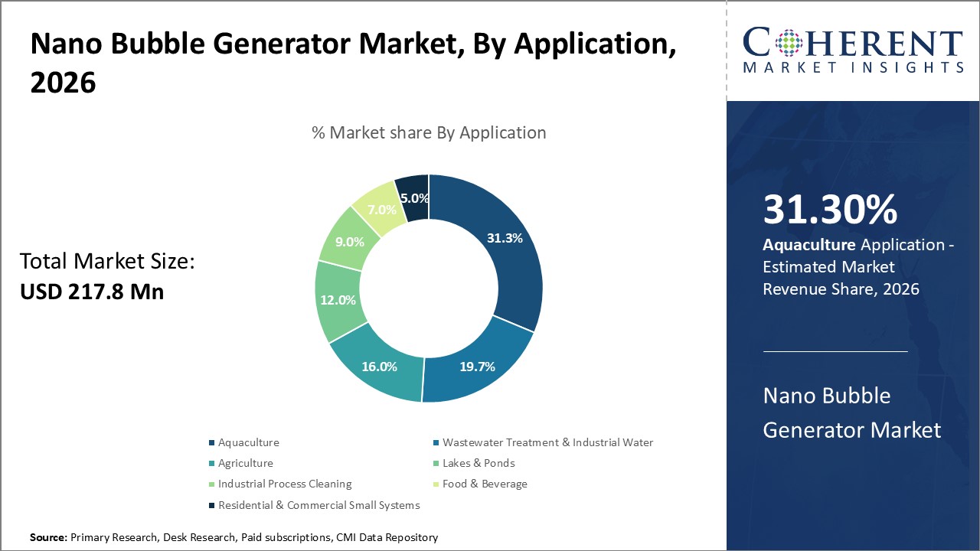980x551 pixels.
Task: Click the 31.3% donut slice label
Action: tap(505, 238)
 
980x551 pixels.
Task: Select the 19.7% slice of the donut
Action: tap(478, 367)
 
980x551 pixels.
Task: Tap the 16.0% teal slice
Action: tap(379, 367)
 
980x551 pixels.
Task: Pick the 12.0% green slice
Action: tap(338, 300)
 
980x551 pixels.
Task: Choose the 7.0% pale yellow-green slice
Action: tap(381, 209)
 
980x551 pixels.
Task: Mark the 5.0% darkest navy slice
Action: tap(413, 198)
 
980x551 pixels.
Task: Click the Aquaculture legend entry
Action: tap(248, 442)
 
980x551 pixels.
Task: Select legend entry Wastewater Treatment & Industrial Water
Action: tap(547, 442)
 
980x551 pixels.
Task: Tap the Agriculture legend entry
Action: tap(245, 463)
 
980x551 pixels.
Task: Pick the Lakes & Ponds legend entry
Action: tap(478, 463)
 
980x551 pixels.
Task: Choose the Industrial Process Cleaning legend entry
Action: tap(284, 484)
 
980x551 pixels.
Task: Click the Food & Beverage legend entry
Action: tap(485, 484)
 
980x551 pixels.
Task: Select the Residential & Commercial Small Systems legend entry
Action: tap(318, 505)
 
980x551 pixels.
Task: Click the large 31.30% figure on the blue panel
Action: tap(830, 210)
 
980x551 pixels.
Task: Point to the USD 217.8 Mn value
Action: tap(92, 292)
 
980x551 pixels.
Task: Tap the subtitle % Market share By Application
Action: tap(429, 132)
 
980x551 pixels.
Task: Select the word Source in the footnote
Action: tap(48, 537)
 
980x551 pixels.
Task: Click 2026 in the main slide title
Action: tap(63, 83)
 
